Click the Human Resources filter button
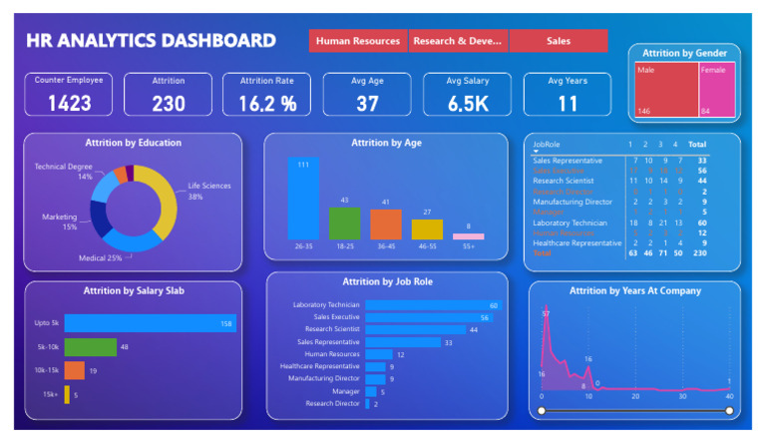pos(358,41)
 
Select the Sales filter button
pos(559,41)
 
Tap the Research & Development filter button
pos(459,41)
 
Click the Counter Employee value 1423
pos(69,103)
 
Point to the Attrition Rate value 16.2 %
pos(267,103)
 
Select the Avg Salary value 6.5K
pos(467,103)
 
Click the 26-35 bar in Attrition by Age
pos(303,200)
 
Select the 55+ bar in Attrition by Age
pos(468,236)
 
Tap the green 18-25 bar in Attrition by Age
pos(344,223)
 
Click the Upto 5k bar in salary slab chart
pos(150,323)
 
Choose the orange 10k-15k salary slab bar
pos(75,370)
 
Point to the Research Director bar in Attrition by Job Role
pos(367,403)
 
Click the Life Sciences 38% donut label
pos(208,191)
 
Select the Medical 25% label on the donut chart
pos(101,258)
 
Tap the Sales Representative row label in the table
pos(567,161)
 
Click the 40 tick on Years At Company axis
pos(729,396)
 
